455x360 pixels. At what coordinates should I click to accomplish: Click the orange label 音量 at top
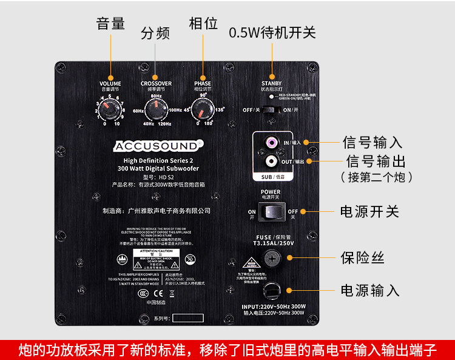(110, 24)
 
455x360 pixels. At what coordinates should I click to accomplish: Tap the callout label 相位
(203, 24)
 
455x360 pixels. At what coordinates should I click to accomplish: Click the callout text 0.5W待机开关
(272, 32)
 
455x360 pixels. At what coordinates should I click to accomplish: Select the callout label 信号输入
(372, 143)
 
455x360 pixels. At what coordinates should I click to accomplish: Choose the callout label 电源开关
(369, 212)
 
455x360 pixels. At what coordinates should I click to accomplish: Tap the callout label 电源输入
(369, 290)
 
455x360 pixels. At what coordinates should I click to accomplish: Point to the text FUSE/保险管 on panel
(271, 237)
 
